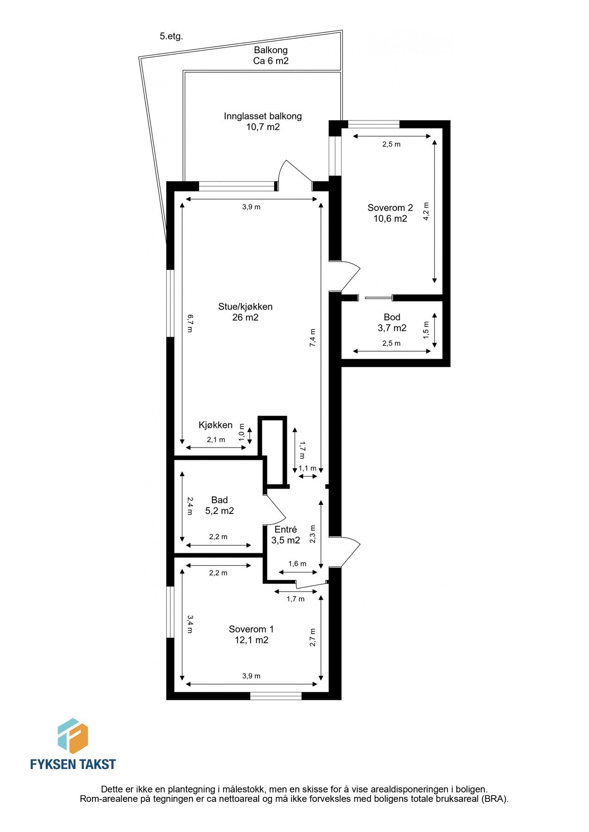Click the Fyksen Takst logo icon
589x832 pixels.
point(72,736)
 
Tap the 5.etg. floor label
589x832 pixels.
point(171,37)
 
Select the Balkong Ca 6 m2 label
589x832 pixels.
point(271,55)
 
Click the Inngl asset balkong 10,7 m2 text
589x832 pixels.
point(263,122)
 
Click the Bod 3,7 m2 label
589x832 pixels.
point(392,323)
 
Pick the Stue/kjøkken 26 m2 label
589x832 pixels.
point(245,312)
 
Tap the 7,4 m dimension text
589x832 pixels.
point(313,337)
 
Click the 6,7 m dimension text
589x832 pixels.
point(190,323)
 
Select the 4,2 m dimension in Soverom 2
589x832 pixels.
point(426,212)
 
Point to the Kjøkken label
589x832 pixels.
point(216,425)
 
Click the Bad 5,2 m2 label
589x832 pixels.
point(219,505)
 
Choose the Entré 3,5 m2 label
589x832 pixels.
point(285,535)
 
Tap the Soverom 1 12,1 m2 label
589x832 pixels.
point(251,635)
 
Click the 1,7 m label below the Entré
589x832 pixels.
point(296,599)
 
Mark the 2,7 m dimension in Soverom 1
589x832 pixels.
point(313,637)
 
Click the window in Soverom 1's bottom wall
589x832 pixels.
point(276,696)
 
